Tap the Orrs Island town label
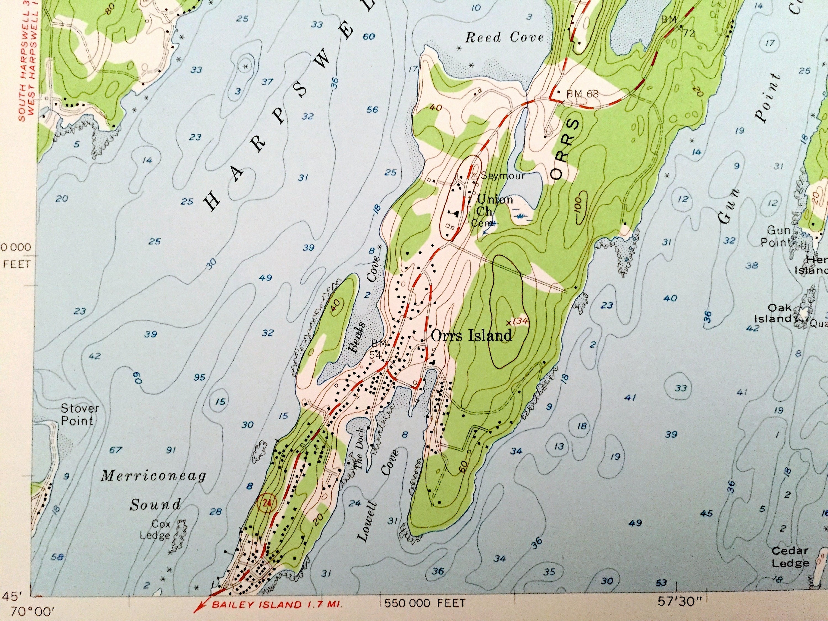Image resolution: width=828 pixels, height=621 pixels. click(x=471, y=335)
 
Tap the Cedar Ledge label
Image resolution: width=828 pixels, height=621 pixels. click(x=790, y=557)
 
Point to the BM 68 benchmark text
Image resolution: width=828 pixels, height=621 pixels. click(x=582, y=94)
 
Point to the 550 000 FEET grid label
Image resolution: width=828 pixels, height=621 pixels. click(x=424, y=603)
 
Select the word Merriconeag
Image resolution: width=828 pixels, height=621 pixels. click(x=153, y=476)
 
